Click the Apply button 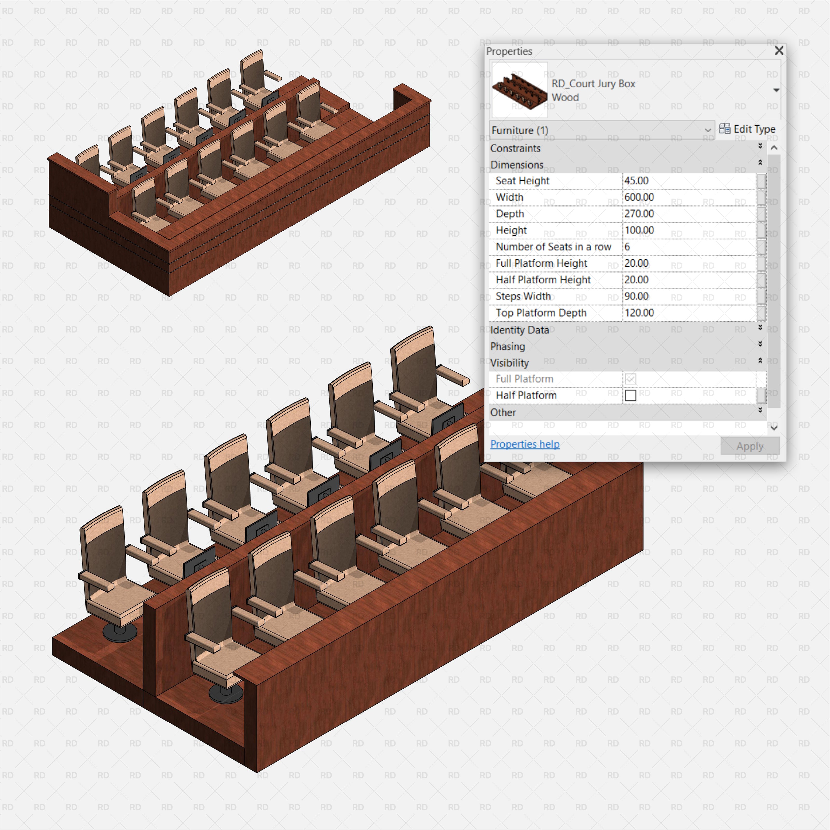750,446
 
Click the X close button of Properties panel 778,51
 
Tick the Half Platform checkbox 630,395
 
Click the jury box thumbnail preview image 519,90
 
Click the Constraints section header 515,148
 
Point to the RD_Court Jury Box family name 593,84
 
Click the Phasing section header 507,346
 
